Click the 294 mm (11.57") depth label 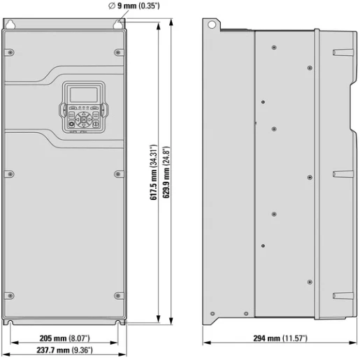[280, 338]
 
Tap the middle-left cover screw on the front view [10, 173]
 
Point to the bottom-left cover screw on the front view [10, 294]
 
